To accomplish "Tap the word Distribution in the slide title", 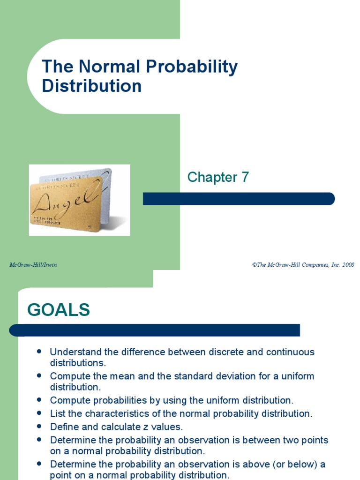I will (x=91, y=86).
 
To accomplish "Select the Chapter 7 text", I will (x=218, y=177).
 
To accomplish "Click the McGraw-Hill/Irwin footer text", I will (x=33, y=265).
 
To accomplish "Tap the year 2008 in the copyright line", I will (x=348, y=265).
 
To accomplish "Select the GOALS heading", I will (x=59, y=310).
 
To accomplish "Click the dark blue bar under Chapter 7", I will (x=239, y=199).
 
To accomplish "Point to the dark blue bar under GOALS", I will (x=155, y=330).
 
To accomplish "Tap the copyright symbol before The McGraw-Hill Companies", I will (x=254, y=265).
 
